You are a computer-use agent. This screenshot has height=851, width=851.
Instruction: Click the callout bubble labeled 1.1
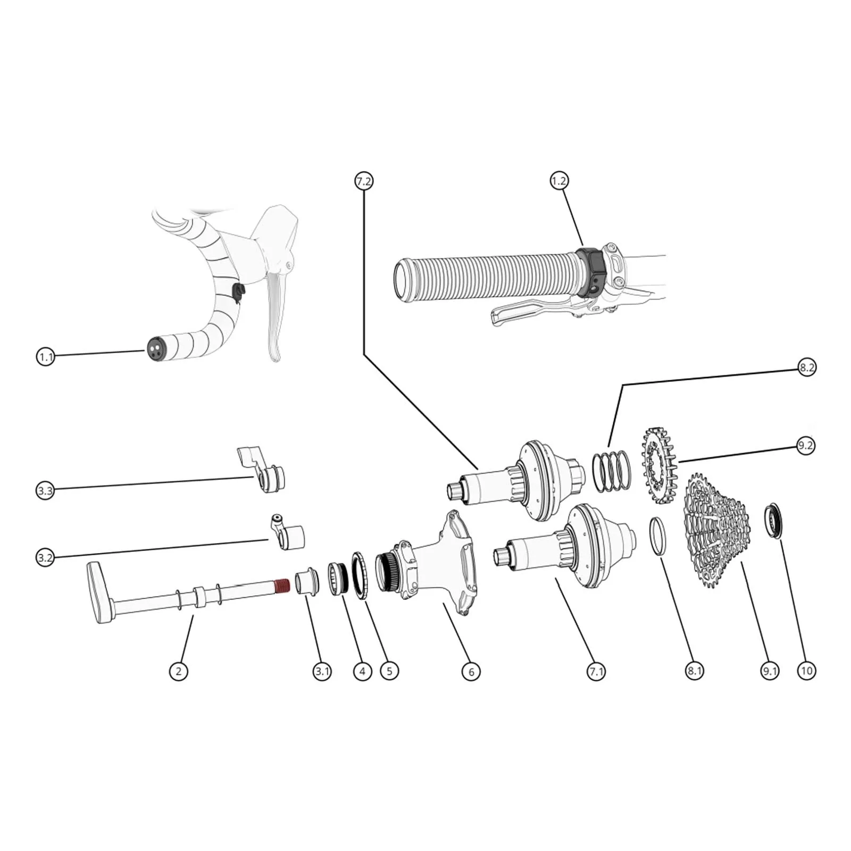45,356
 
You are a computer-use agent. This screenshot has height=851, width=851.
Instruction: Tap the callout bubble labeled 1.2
558,181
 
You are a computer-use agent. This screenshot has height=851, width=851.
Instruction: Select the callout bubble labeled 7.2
364,181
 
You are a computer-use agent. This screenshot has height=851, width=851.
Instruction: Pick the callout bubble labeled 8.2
806,368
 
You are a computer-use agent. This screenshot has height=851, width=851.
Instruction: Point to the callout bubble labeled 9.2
805,445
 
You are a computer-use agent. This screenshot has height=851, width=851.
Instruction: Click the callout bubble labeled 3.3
45,490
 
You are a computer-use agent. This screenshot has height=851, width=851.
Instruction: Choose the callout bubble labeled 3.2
45,558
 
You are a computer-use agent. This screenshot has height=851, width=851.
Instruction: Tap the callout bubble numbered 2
178,671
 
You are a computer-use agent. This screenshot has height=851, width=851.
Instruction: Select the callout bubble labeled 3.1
322,671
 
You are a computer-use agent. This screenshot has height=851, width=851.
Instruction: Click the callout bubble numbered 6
471,672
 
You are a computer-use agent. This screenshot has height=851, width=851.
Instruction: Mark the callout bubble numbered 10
806,671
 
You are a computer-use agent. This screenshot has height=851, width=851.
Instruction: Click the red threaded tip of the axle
281,587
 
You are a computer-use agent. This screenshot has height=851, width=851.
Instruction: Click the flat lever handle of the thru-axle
99,592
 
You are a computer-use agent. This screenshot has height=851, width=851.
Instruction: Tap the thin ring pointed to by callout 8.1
657,536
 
